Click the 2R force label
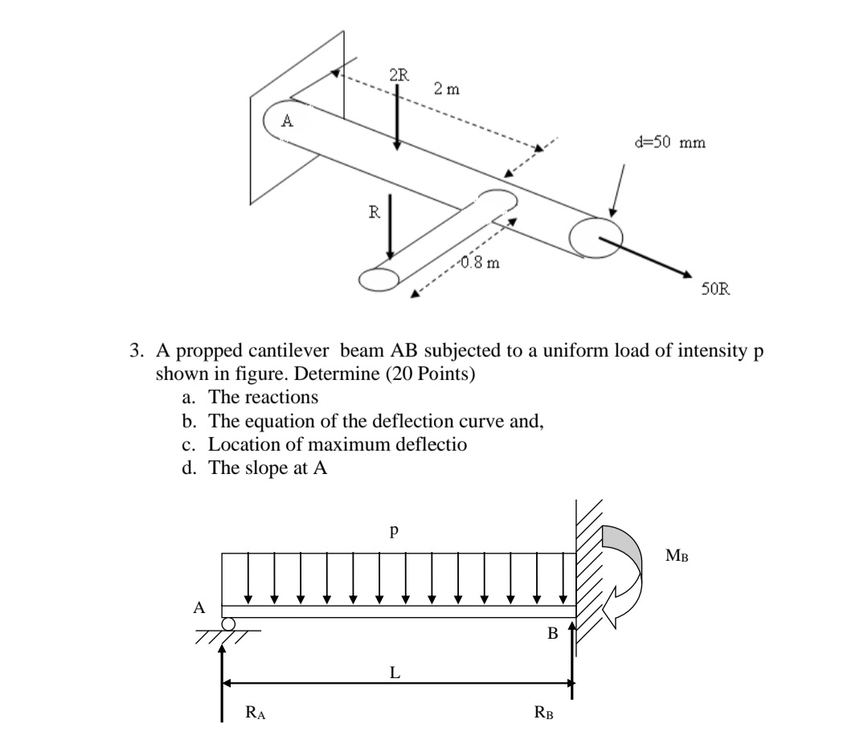point(398,76)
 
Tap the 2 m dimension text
point(447,89)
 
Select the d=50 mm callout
point(669,144)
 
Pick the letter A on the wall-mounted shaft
point(286,123)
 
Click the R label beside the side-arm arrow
point(373,213)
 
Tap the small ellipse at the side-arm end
point(379,278)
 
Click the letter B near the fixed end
point(551,634)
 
